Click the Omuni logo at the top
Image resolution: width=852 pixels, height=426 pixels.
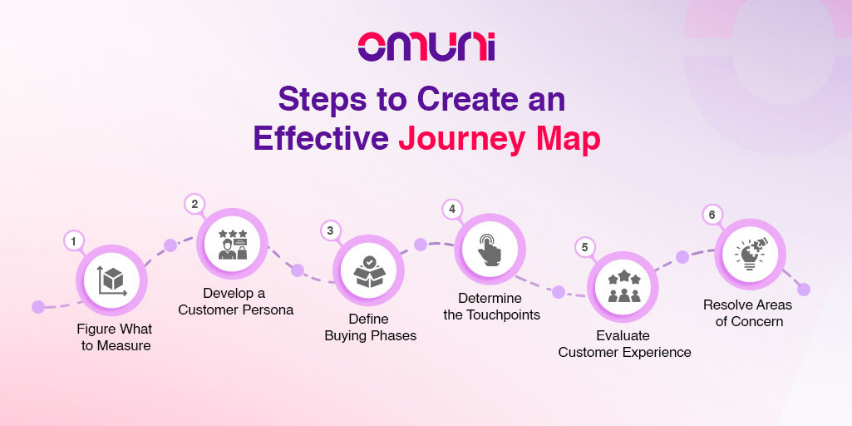click(x=426, y=47)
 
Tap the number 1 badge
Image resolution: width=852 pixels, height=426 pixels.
click(x=74, y=240)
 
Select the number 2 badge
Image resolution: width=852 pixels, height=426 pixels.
click(x=195, y=204)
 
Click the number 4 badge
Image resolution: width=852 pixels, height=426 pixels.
click(x=451, y=210)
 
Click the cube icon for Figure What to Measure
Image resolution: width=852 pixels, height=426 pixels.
click(x=112, y=280)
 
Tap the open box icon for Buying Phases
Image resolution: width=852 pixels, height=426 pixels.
click(x=369, y=271)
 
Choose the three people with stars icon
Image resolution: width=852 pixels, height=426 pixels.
click(x=623, y=286)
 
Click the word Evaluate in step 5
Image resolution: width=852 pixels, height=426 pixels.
click(x=623, y=335)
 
